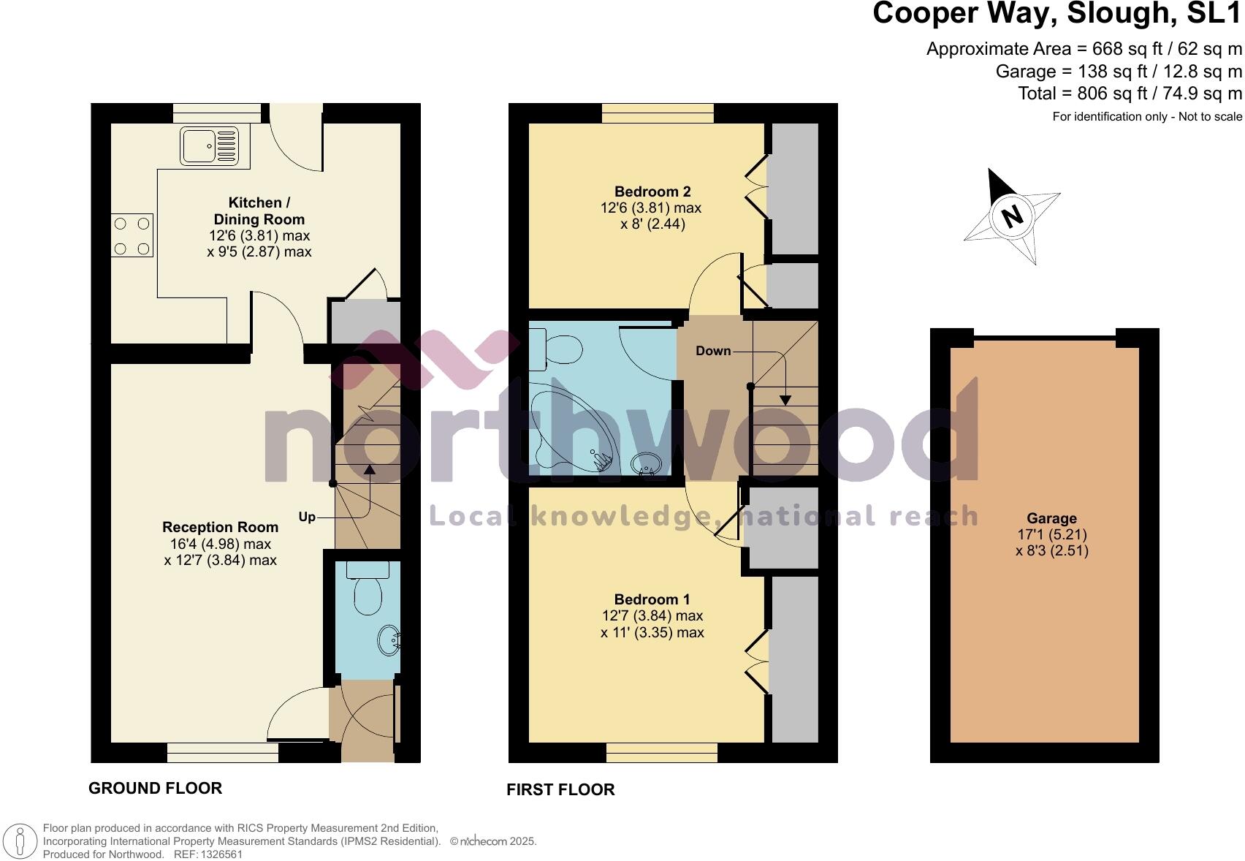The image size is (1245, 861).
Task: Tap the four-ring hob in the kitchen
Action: click(x=132, y=236)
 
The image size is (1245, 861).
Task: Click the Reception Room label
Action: click(x=220, y=527)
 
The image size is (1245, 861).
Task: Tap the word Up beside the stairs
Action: click(x=307, y=517)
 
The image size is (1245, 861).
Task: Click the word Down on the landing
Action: click(x=713, y=351)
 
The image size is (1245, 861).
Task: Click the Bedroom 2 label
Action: click(x=652, y=191)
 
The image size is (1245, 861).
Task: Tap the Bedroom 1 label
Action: click(x=652, y=599)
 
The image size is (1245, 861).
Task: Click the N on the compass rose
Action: click(x=1012, y=216)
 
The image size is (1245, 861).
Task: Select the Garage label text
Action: click(x=1051, y=518)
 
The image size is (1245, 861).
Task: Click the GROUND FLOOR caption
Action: click(x=155, y=788)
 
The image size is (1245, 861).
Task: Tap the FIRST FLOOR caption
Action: click(x=560, y=789)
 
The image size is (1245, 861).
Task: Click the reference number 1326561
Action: click(x=218, y=854)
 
